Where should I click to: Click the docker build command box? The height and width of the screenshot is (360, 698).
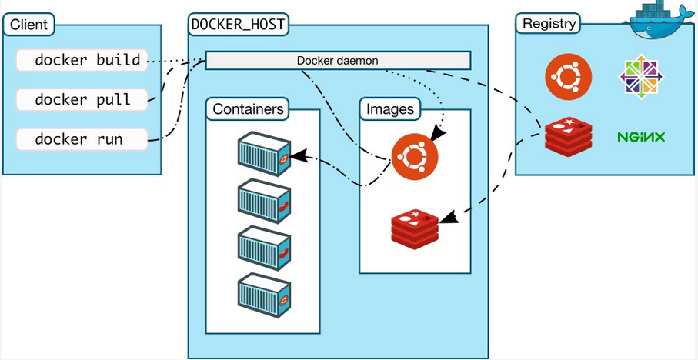click(x=82, y=60)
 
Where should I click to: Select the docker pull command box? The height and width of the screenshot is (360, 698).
click(x=82, y=100)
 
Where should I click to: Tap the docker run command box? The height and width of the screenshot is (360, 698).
click(x=82, y=139)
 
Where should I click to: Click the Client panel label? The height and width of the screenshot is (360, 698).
click(x=29, y=24)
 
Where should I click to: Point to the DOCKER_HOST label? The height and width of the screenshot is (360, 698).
click(x=238, y=24)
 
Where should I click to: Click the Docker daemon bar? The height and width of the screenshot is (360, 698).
click(x=338, y=61)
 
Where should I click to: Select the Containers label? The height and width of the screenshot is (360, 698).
click(x=248, y=109)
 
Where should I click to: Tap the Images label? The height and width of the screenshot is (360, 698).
click(x=390, y=109)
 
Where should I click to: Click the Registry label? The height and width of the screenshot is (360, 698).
click(x=549, y=23)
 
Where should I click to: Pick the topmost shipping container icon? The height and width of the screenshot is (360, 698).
click(x=264, y=153)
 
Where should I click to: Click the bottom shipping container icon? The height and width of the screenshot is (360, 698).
click(x=264, y=295)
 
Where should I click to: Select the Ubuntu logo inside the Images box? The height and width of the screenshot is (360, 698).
click(x=415, y=157)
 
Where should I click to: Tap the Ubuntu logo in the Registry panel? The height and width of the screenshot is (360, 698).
click(x=569, y=77)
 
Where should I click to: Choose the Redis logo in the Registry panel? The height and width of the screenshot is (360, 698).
click(x=569, y=137)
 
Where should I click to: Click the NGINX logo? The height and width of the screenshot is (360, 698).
click(x=641, y=137)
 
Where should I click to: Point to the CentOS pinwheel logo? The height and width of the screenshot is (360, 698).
click(x=641, y=77)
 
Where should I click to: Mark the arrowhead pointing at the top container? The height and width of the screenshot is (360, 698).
click(x=298, y=155)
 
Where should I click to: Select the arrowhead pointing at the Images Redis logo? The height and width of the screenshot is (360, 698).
click(x=449, y=217)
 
